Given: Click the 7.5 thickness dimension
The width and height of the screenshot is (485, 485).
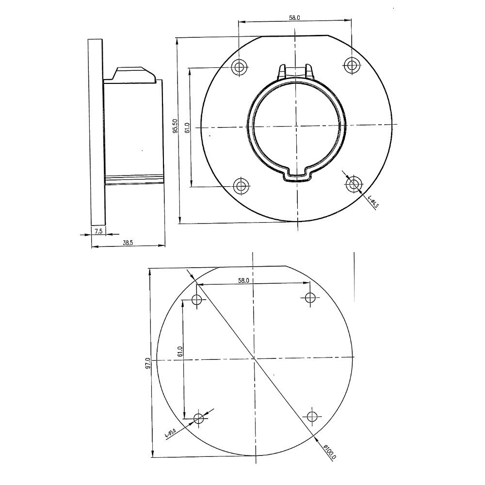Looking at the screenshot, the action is click(x=98, y=231).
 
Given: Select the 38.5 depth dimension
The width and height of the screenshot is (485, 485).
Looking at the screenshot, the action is click(x=128, y=243).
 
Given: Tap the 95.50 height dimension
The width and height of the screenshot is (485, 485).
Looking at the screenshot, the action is click(x=176, y=126).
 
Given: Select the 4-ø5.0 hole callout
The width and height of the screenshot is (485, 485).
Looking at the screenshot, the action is click(x=170, y=433).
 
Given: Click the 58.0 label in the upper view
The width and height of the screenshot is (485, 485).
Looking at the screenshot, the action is click(x=294, y=17).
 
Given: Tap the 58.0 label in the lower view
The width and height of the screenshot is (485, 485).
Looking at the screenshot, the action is click(x=243, y=280).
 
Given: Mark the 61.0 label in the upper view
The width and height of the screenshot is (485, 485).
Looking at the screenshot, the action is click(x=187, y=128).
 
